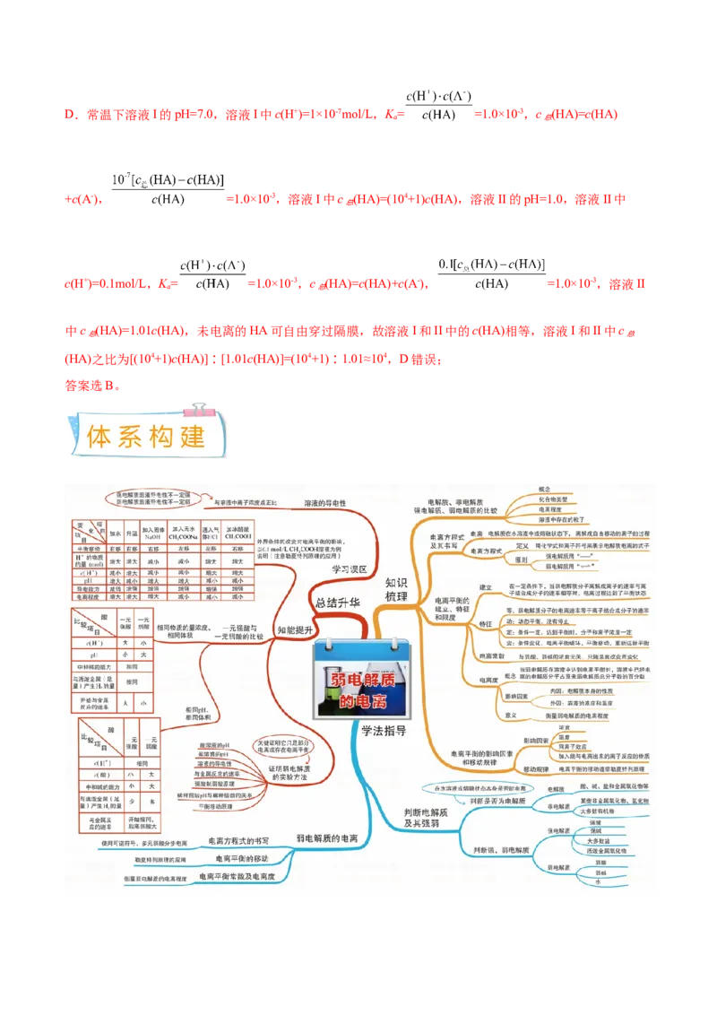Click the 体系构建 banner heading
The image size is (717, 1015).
tap(146, 436)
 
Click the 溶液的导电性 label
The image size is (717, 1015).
tap(324, 504)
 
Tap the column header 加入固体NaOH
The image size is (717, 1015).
tap(154, 533)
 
